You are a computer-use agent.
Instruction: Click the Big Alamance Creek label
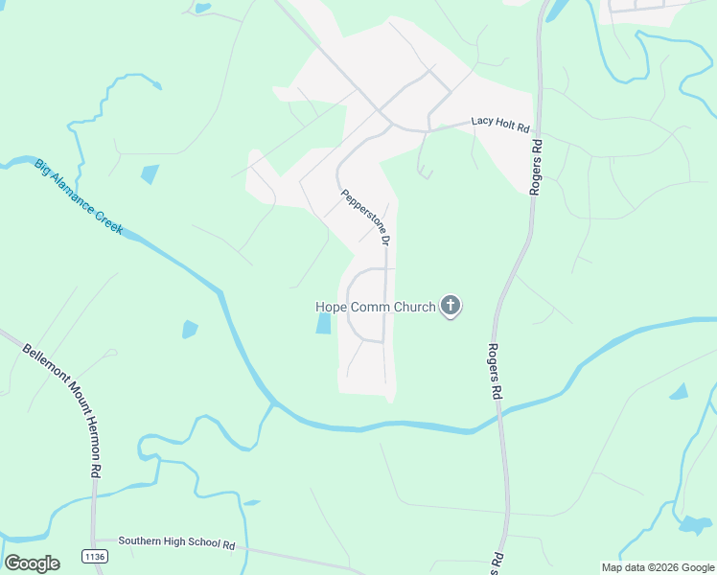click(x=80, y=198)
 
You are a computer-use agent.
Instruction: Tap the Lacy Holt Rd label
click(x=500, y=122)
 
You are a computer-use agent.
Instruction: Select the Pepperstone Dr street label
click(x=365, y=218)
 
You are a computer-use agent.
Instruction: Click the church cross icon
click(x=451, y=307)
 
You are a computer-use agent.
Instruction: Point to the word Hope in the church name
click(x=332, y=308)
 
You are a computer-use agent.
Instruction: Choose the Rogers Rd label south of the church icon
click(x=494, y=372)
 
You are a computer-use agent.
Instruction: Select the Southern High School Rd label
click(x=176, y=541)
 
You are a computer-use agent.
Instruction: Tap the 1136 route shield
click(x=94, y=556)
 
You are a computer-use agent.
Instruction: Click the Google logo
click(x=32, y=563)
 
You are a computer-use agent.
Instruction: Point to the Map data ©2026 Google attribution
click(x=657, y=567)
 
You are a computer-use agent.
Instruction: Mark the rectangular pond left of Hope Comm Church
click(x=323, y=324)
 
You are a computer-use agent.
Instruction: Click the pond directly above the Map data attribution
click(x=693, y=525)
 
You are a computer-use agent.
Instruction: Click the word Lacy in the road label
click(x=480, y=122)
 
